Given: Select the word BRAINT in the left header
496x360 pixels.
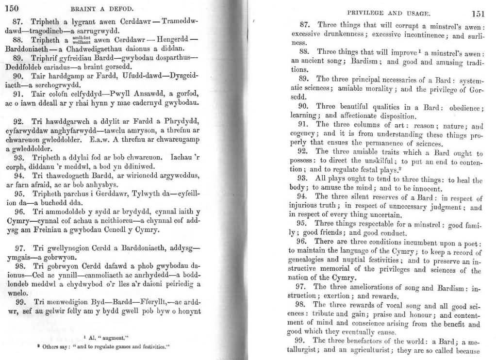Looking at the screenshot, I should pyautogui.click(x=85, y=8).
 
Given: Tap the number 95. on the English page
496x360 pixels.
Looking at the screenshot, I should pyautogui.click(x=301, y=224).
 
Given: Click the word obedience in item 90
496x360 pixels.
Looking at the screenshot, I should pyautogui.click(x=456, y=107).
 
